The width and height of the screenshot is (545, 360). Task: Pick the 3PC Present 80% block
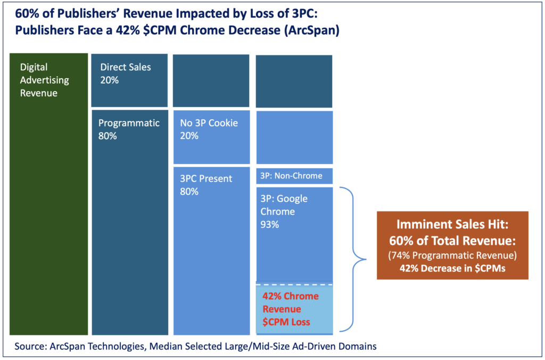click(211, 250)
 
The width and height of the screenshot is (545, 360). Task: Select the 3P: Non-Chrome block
click(294, 176)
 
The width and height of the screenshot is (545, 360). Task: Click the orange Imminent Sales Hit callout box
click(452, 246)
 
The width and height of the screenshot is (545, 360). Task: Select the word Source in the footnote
click(31, 346)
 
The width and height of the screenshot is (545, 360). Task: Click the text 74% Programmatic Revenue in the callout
click(452, 256)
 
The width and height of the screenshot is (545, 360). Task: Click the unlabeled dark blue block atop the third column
click(211, 80)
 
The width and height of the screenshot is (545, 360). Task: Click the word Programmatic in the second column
click(129, 123)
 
